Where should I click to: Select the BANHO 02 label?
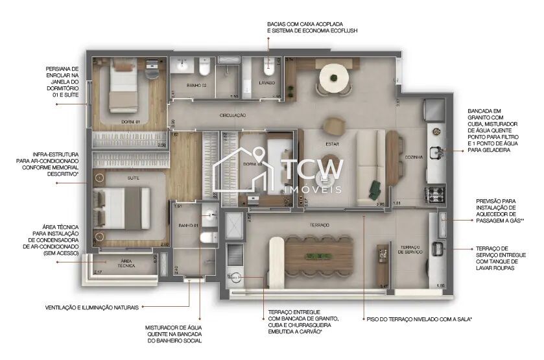point(196,86)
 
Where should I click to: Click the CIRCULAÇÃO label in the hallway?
point(232,115)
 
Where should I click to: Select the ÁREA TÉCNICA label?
point(125,264)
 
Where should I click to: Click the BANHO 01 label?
point(187,226)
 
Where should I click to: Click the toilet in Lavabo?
point(269,68)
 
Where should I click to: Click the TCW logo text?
point(313,170)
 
